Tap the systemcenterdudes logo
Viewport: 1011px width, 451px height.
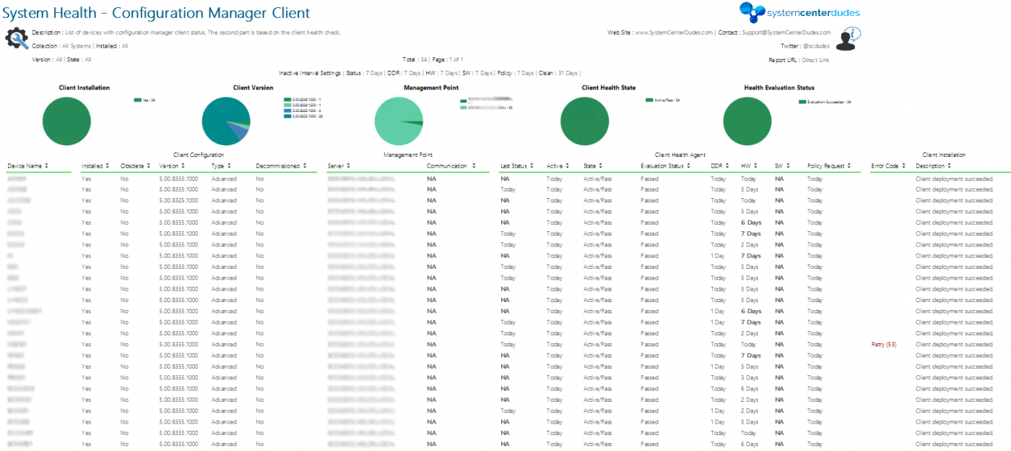click(799, 12)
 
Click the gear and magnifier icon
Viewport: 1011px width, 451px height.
click(17, 38)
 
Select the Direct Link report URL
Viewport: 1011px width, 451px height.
click(815, 60)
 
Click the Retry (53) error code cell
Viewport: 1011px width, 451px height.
click(884, 345)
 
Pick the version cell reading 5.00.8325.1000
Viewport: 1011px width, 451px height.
click(178, 200)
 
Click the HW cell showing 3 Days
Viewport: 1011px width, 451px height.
click(750, 378)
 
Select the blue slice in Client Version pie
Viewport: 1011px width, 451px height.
click(236, 131)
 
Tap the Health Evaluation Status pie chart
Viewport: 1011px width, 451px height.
click(747, 121)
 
